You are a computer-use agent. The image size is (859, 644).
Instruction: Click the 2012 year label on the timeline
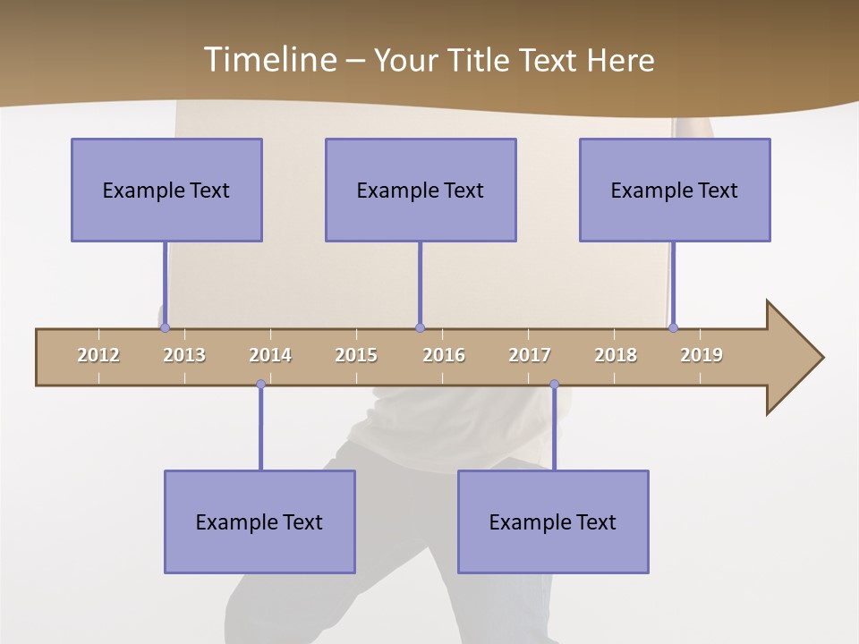(x=98, y=355)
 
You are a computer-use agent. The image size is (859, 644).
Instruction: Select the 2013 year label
(x=184, y=355)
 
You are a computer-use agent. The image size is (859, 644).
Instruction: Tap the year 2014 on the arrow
(x=270, y=355)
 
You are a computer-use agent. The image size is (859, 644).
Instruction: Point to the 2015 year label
(x=356, y=355)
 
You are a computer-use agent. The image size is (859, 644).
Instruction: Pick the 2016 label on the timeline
(x=444, y=355)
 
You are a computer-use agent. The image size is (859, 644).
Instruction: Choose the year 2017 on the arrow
(x=530, y=355)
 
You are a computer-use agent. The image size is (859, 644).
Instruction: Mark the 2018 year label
(x=616, y=355)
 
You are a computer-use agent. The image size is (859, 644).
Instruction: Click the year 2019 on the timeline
(x=702, y=355)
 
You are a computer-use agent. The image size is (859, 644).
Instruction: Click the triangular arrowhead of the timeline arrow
(x=792, y=358)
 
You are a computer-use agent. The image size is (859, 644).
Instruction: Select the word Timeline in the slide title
(x=268, y=60)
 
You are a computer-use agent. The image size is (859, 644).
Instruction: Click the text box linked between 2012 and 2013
(x=166, y=190)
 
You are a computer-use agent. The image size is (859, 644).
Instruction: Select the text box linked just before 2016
(x=421, y=190)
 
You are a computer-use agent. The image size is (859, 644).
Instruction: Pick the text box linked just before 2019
(x=675, y=190)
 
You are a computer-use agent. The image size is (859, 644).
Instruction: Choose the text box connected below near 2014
(x=259, y=521)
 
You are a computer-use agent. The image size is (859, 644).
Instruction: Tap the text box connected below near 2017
(x=553, y=521)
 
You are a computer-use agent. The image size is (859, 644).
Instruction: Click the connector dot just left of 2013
(x=165, y=328)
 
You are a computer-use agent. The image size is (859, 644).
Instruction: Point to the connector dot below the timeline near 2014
(x=260, y=385)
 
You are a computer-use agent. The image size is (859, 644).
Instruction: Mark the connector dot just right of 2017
(x=554, y=385)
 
